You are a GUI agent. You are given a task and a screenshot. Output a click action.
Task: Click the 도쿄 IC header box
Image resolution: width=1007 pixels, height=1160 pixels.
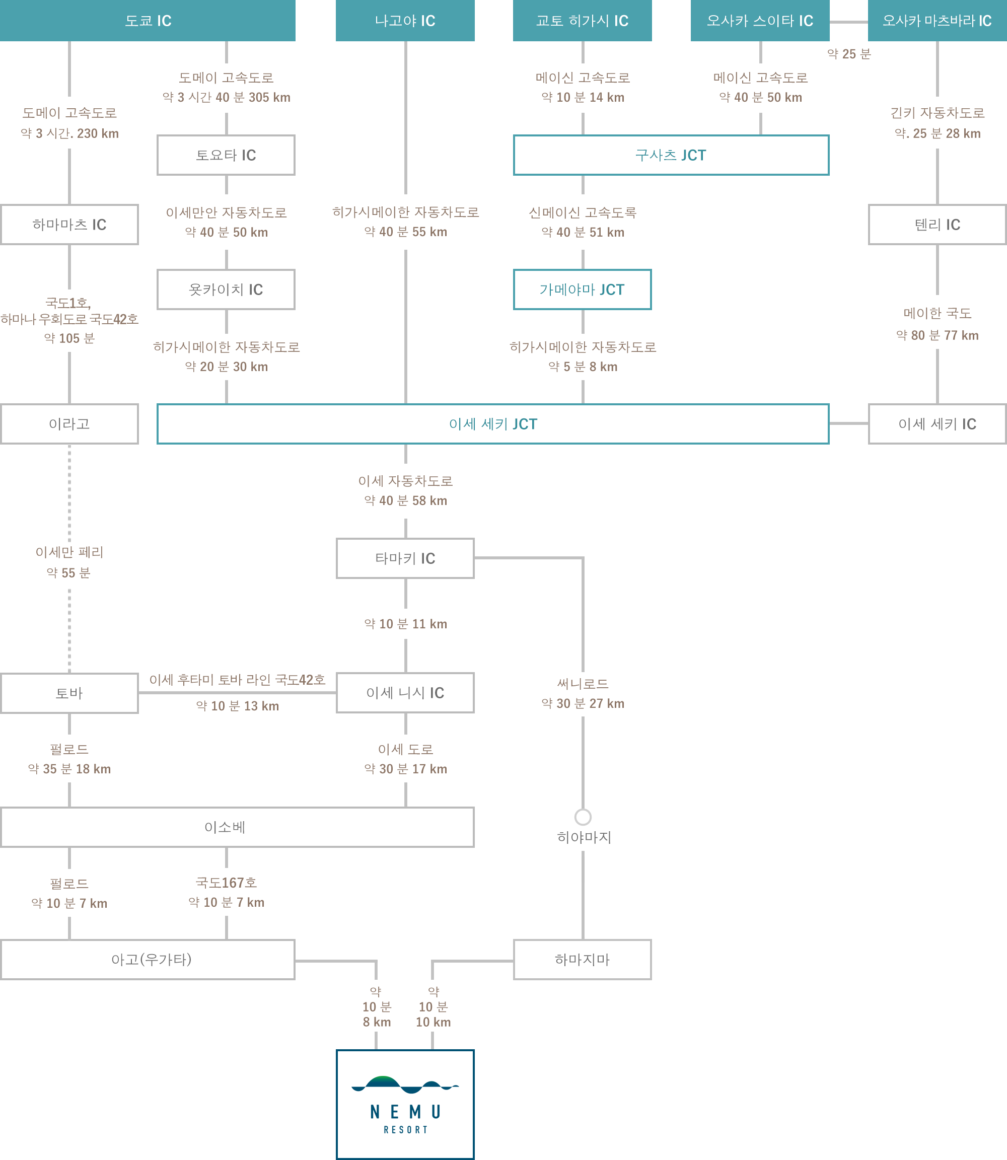(148, 20)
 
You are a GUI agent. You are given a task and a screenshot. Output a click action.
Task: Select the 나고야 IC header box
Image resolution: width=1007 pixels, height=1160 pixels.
(405, 20)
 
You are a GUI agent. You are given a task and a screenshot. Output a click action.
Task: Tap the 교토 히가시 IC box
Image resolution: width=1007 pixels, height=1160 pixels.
(582, 20)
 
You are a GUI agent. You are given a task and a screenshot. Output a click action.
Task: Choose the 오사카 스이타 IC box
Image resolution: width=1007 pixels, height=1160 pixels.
(760, 20)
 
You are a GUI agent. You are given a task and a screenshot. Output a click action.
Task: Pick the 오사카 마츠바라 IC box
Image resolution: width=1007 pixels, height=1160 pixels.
(938, 20)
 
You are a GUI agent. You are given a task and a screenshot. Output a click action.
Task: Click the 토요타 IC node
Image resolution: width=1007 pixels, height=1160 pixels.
(226, 155)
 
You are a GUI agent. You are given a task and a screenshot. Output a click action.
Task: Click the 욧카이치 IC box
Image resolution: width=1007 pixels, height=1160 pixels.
(226, 289)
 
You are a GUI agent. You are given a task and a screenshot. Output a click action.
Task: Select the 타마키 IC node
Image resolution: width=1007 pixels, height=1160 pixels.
(405, 558)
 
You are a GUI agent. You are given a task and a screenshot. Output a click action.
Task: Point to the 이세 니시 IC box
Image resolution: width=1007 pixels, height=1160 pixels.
(405, 693)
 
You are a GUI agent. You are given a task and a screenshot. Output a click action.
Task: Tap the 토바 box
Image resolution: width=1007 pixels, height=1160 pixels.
(69, 693)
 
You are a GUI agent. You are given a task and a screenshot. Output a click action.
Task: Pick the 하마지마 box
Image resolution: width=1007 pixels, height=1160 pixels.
(582, 959)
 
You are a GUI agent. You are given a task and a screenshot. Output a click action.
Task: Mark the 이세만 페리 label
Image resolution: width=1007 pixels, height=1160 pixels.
(69, 552)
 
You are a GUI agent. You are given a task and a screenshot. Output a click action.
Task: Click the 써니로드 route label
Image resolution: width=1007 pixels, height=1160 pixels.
(583, 683)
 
